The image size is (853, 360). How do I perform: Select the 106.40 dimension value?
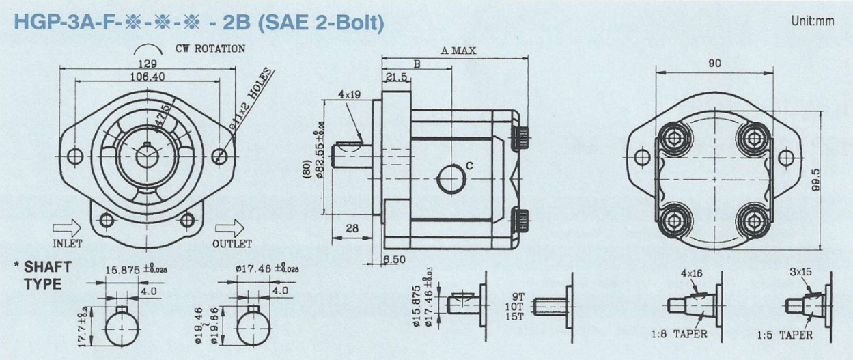click(148, 77)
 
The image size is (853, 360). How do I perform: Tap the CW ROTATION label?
click(210, 49)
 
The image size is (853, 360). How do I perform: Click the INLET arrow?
click(67, 227)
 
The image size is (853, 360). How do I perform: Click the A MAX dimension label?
click(458, 51)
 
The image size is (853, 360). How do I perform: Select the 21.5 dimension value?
click(396, 78)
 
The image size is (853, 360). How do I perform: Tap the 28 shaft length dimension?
click(352, 228)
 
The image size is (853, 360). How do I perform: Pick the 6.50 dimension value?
click(394, 260)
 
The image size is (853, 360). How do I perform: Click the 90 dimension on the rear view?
click(714, 63)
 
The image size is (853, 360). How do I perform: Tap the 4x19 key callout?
click(349, 94)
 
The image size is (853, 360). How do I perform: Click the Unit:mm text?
click(813, 20)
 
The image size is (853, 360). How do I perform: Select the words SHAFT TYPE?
click(46, 275)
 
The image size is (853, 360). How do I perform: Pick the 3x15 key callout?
click(800, 271)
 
